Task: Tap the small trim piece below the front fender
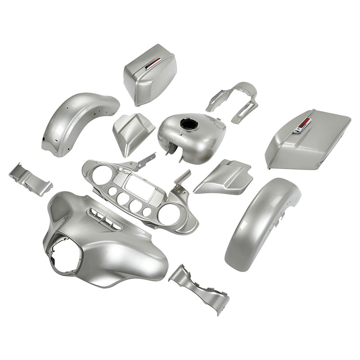click(198, 288)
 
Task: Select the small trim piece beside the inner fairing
click(29, 178)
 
